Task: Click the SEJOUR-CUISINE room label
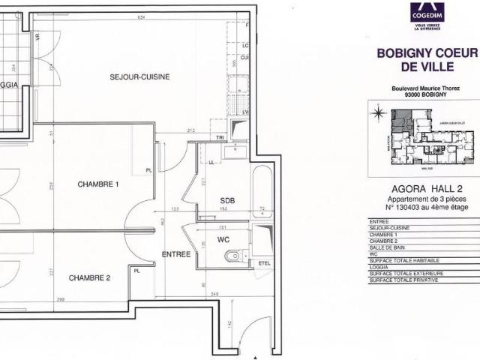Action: point(139,76)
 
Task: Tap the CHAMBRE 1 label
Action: point(98,184)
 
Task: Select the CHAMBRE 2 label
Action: point(90,277)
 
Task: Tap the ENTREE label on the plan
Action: point(175,254)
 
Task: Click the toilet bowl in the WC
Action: point(234,256)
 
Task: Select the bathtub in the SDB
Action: point(262,191)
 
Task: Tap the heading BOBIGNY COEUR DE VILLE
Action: point(427,60)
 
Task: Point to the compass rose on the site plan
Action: point(379,114)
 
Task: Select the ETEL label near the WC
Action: point(263,263)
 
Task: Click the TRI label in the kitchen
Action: point(220,138)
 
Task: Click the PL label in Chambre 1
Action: point(148,170)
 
